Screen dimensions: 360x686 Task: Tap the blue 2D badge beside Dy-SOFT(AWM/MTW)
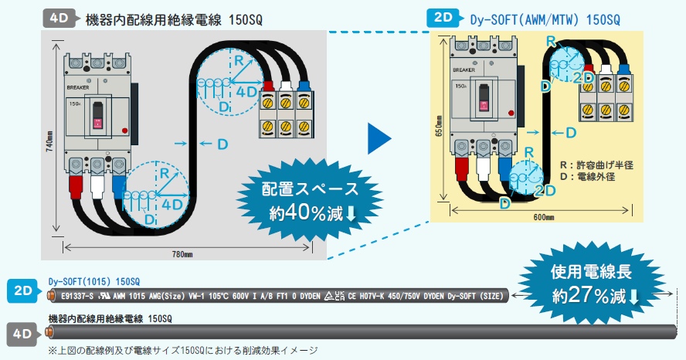point(444,17)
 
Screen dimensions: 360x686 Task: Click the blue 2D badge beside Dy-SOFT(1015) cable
point(23,291)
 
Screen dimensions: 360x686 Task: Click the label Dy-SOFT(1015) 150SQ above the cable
point(93,280)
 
